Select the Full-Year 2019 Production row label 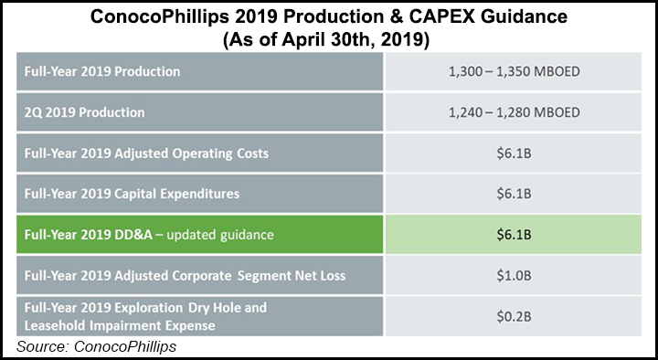click(101, 71)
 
